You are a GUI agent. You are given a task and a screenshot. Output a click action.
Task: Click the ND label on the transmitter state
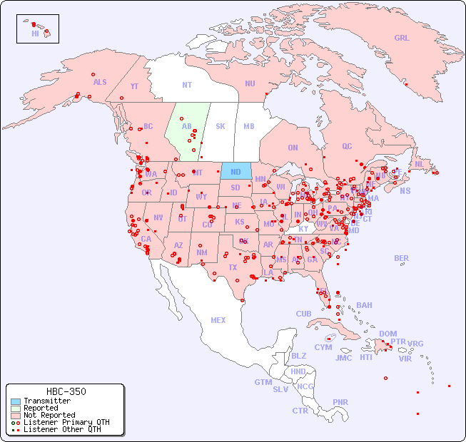coord(235,172)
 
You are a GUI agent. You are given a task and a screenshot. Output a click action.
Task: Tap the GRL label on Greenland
coord(402,38)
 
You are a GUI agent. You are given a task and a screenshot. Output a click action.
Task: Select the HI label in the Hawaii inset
coord(35,34)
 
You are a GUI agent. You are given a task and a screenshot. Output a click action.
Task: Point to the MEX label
coord(218,320)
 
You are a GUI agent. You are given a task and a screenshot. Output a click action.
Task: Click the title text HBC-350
coord(66,391)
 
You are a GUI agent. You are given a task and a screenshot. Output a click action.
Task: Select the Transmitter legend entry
coord(46,401)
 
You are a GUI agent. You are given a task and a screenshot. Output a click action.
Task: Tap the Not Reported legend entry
coord(49,415)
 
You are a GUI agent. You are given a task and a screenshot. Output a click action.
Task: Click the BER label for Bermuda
coord(401,258)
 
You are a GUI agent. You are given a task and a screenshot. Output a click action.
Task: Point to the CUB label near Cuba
coord(303,314)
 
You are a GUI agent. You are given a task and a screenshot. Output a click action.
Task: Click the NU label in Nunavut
coord(250,83)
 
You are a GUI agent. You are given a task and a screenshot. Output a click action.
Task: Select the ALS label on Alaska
coord(100,82)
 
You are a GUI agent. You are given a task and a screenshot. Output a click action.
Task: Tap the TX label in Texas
coord(232,267)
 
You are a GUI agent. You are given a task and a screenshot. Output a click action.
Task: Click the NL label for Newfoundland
coord(419,163)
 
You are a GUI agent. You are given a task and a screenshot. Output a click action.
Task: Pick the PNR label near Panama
coord(340,402)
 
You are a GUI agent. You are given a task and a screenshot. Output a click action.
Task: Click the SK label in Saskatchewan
coord(221,126)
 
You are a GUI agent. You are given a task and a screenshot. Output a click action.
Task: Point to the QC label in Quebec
coord(347,146)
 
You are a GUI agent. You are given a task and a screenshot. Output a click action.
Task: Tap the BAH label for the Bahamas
coord(364,305)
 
